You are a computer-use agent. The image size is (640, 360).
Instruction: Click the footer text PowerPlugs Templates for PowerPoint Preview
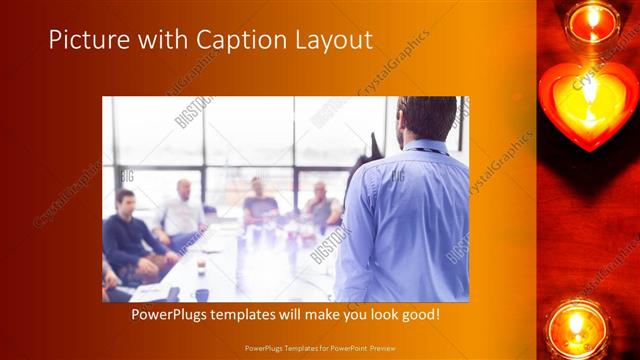[x=319, y=348]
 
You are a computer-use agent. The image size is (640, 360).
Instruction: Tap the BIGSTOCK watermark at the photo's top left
[x=194, y=111]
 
